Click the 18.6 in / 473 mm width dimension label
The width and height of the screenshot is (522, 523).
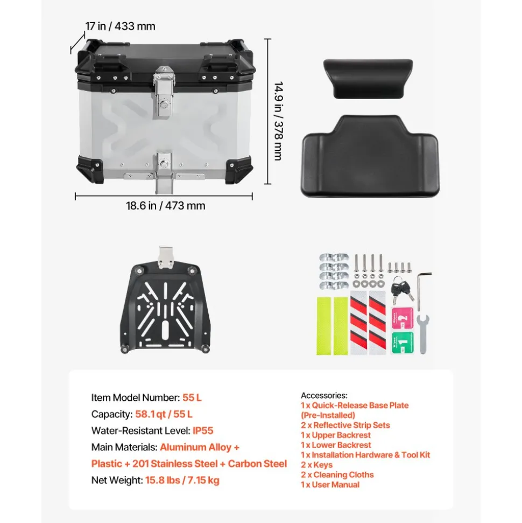click(x=165, y=205)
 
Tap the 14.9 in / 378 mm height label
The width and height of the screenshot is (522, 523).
click(x=279, y=121)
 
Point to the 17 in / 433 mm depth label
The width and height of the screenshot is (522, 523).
click(x=120, y=26)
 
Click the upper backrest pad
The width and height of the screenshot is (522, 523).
click(x=368, y=79)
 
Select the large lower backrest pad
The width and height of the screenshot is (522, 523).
click(x=370, y=156)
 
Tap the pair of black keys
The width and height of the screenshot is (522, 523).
click(x=402, y=290)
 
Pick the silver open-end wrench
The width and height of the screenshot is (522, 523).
click(x=423, y=333)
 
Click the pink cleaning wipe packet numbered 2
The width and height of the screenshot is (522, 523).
click(x=403, y=318)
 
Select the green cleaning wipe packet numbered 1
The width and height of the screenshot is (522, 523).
click(x=403, y=343)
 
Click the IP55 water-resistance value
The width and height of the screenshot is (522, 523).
click(x=203, y=430)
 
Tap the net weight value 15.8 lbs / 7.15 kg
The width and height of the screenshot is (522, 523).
click(x=182, y=480)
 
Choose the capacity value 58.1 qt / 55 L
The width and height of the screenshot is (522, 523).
click(x=164, y=414)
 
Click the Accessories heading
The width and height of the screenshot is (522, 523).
click(x=324, y=395)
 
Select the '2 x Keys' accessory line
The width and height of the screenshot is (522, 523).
click(x=316, y=465)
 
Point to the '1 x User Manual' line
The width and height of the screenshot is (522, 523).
click(x=330, y=485)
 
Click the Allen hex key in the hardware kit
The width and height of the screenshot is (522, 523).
click(x=422, y=291)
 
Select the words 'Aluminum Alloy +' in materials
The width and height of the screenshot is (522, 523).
click(x=200, y=447)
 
